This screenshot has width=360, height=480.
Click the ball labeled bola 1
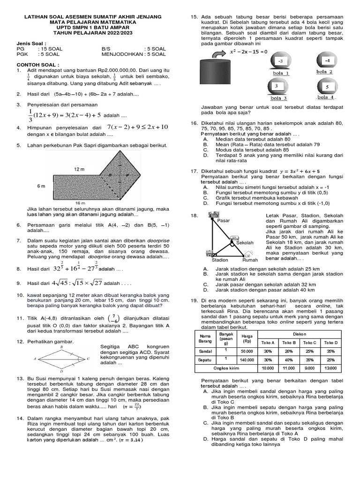click(x=280, y=61)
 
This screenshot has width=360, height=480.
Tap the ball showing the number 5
click(x=327, y=87)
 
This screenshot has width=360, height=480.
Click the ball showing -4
click(x=327, y=61)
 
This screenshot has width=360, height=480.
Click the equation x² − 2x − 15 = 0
click(x=248, y=52)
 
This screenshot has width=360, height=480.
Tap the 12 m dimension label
click(x=78, y=168)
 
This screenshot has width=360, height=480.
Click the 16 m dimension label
click(x=81, y=202)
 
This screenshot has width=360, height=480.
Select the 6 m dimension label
click(x=41, y=186)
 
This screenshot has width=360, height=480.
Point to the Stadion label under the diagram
click(x=220, y=260)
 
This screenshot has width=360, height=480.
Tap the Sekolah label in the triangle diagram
click(x=245, y=243)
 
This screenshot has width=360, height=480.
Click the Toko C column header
click(x=309, y=342)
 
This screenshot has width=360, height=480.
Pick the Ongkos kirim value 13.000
click(x=330, y=368)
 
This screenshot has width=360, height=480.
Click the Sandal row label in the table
click(x=205, y=351)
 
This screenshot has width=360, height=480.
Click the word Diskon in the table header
click(x=300, y=334)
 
